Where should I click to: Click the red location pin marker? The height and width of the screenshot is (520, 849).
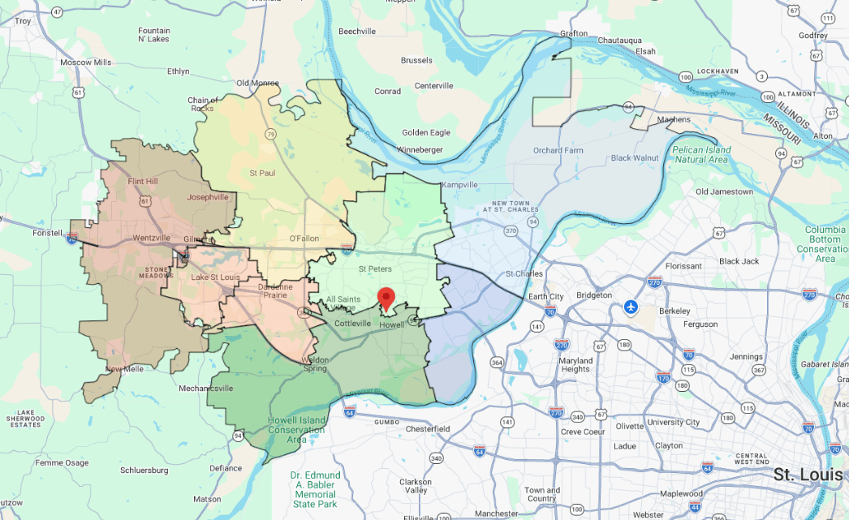(x=387, y=299)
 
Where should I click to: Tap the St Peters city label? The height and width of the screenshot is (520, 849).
(x=376, y=269)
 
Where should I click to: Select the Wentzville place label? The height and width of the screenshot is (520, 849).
(x=152, y=238)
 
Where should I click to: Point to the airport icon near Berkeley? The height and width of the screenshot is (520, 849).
(x=631, y=307)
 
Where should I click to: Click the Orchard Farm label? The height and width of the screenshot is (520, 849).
(x=558, y=150)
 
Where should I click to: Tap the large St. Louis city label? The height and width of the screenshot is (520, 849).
(x=808, y=474)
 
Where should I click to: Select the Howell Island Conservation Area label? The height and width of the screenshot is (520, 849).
(x=295, y=430)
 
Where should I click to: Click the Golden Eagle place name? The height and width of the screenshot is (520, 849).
(x=426, y=132)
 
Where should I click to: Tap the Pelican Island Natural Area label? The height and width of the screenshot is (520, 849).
(x=702, y=154)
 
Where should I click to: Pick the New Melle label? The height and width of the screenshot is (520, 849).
(x=125, y=370)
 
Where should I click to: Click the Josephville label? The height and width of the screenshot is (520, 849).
(x=207, y=196)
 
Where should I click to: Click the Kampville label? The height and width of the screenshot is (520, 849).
(x=460, y=185)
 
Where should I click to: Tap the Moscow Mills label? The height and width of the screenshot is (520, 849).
(x=85, y=62)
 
